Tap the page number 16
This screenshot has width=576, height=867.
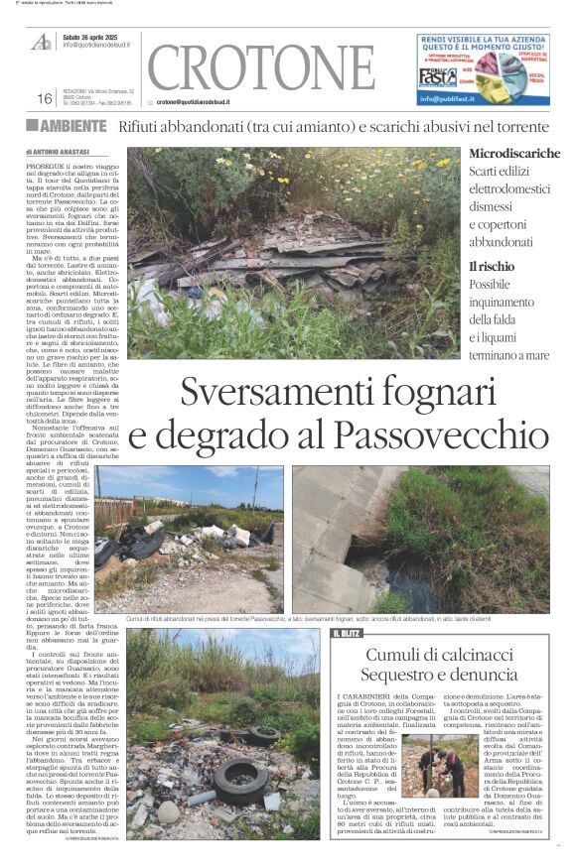[x=44, y=98]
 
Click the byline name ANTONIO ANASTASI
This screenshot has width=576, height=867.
[x=68, y=151]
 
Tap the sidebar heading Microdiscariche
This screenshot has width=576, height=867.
[x=514, y=154]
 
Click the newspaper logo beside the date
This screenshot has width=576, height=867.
[x=42, y=41]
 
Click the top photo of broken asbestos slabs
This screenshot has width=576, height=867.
[x=293, y=253]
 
